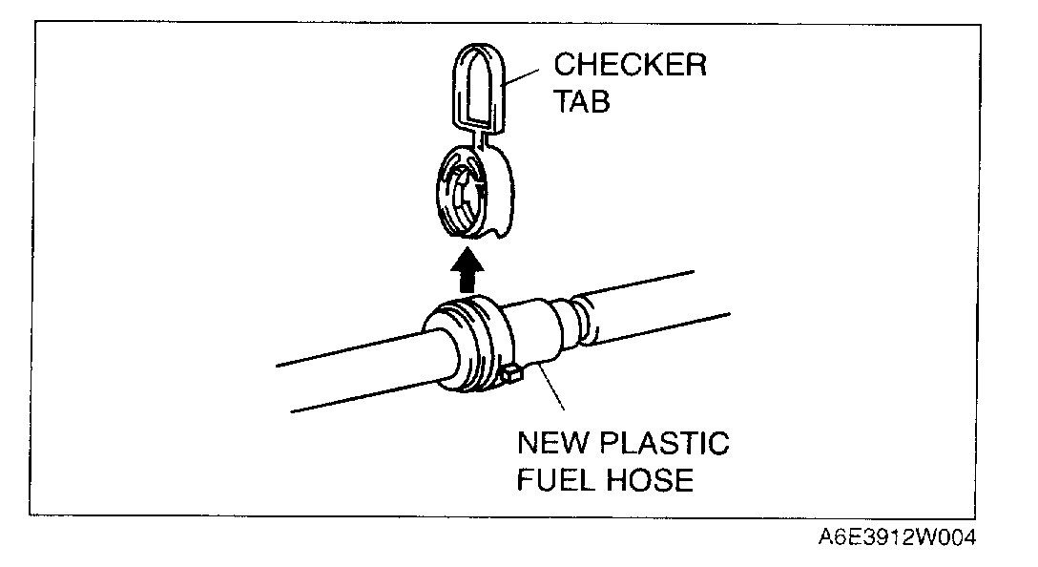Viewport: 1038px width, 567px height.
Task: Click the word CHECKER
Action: (x=631, y=66)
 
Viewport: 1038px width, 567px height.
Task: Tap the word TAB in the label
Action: (x=582, y=101)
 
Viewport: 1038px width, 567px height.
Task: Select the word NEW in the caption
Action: (x=554, y=444)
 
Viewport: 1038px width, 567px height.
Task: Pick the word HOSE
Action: (x=651, y=479)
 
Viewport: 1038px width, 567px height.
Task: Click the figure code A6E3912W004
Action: (x=897, y=537)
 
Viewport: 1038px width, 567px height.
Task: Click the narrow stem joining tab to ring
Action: (x=487, y=140)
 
